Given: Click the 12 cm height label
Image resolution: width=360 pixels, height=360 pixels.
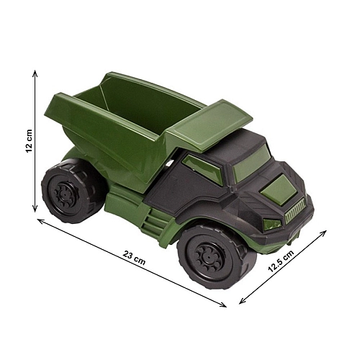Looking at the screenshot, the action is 29,141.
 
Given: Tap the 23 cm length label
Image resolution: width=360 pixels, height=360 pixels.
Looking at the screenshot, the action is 135,258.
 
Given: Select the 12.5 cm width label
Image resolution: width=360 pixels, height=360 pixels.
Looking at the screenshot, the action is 281,261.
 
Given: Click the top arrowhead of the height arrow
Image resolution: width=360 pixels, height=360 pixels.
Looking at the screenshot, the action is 35,73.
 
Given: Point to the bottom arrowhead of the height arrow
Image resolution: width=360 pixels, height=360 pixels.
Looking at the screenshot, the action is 35,209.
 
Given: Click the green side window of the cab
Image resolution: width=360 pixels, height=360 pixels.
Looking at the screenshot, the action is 204,169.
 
